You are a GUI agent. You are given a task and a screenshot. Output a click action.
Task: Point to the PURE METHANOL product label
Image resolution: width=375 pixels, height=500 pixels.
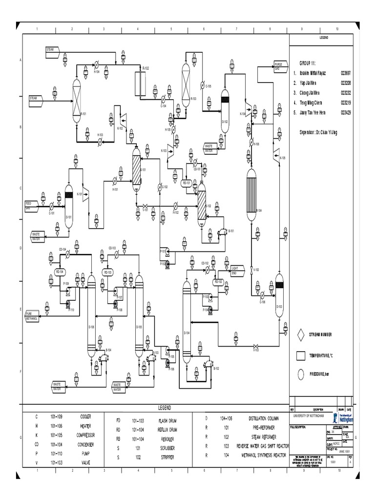pos(32,316)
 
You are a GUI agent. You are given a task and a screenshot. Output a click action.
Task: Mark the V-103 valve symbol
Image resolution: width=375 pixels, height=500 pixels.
pos(256,349)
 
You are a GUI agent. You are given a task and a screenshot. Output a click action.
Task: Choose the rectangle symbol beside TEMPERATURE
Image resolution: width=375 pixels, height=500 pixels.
pos(301,355)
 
